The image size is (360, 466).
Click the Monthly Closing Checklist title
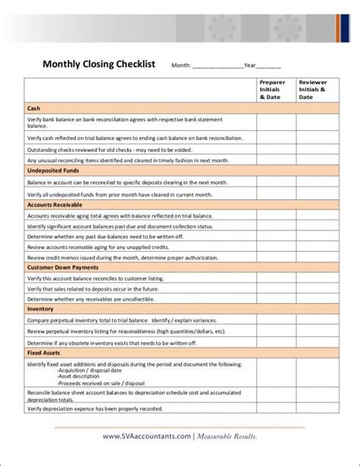(x=98, y=65)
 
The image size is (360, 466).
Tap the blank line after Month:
(x=217, y=67)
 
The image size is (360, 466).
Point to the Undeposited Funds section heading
(x=52, y=172)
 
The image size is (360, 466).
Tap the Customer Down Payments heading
(x=62, y=268)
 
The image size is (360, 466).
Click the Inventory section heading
(x=40, y=309)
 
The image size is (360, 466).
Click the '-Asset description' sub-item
(x=73, y=376)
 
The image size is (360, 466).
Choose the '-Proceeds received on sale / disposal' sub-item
(x=96, y=382)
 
